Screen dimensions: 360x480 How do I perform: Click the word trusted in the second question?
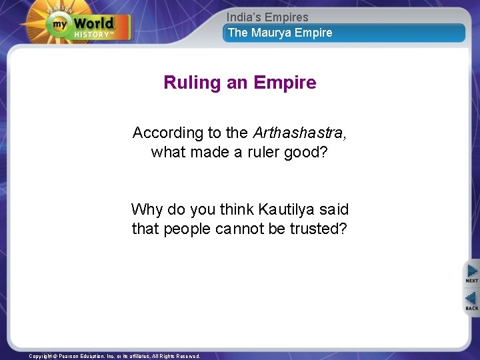(x=322, y=228)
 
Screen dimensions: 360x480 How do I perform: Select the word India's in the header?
(x=243, y=17)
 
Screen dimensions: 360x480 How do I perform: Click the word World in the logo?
(x=93, y=23)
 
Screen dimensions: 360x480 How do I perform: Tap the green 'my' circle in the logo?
(x=58, y=25)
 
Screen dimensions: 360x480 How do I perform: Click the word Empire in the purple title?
(x=285, y=83)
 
